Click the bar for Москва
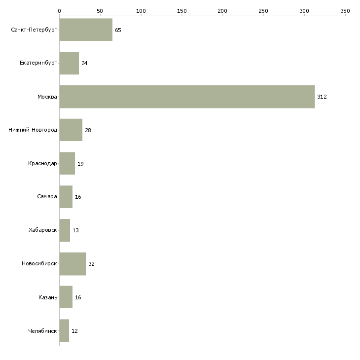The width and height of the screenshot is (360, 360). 187,97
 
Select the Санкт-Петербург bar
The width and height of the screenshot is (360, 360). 86,30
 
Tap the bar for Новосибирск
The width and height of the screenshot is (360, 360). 72,264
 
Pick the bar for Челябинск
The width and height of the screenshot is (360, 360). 64,330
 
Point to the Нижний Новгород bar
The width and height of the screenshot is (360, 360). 71,130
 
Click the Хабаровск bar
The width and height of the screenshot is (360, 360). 65,230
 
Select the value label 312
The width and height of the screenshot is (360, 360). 322,97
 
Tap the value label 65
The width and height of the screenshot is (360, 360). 118,30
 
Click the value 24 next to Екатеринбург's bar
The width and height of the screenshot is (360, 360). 84,64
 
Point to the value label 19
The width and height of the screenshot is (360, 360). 80,164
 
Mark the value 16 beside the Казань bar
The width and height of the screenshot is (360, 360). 78,297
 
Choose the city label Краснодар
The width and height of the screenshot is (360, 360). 42,164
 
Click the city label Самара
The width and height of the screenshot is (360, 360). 47,197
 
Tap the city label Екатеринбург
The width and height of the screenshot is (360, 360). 38,64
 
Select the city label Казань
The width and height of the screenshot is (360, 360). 47,297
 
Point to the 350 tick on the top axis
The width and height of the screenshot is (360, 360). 345,10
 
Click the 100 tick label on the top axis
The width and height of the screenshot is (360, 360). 141,10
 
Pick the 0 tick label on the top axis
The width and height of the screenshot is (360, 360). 59,10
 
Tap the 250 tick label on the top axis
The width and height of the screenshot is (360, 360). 263,10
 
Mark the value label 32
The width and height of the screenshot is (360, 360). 91,264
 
